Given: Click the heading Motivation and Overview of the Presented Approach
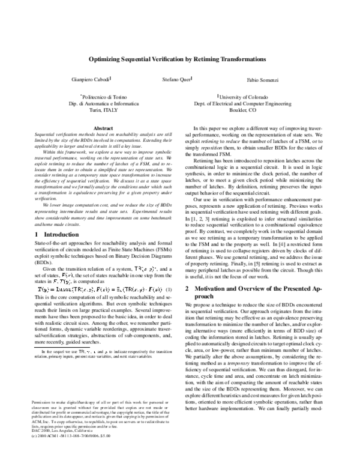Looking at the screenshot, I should coord(262,292).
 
